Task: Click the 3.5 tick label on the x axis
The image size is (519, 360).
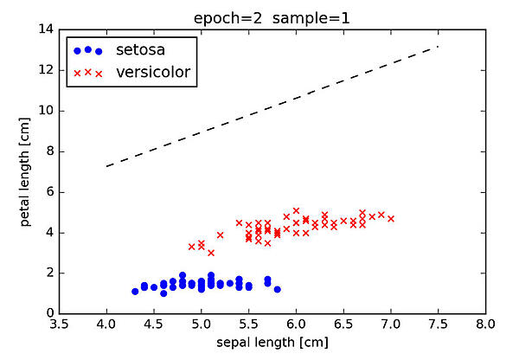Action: point(59,325)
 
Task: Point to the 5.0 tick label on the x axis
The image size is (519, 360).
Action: point(201,325)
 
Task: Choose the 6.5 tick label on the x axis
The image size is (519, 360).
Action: point(343,325)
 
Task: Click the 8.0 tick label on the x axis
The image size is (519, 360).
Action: point(486,325)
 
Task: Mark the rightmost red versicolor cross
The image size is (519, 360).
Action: point(391,218)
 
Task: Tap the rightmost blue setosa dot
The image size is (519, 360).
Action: point(277,289)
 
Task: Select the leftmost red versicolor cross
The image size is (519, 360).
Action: point(191,247)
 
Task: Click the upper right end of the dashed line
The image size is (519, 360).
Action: point(439,47)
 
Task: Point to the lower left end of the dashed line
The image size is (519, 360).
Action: point(106,166)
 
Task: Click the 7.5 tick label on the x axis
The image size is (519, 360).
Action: point(439,325)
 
